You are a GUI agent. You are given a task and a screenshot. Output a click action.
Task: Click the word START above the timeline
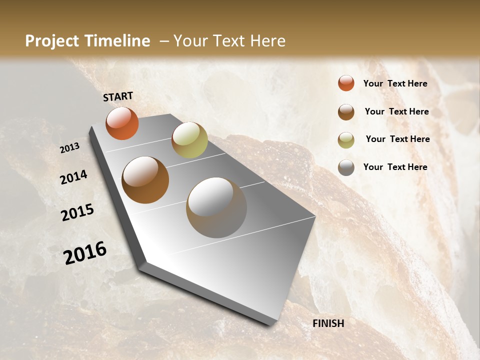click(x=118, y=96)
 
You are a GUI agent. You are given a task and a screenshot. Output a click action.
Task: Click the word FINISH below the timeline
click(x=328, y=323)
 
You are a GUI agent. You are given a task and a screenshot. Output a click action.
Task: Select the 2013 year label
click(x=70, y=148)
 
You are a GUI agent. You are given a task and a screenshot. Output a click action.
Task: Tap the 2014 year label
click(x=74, y=177)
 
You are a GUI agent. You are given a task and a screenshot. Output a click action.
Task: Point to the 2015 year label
click(x=77, y=212)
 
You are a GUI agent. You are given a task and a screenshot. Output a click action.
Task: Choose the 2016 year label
click(x=85, y=253)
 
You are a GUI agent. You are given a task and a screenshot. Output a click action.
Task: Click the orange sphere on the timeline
click(x=122, y=123)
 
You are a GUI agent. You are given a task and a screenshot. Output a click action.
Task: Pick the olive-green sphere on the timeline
click(x=189, y=139)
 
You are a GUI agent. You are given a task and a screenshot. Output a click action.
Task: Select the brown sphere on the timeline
click(x=145, y=180)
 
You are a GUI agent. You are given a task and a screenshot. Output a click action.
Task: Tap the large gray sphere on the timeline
click(x=216, y=207)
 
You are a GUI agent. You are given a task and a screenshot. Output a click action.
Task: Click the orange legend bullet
click(x=346, y=83)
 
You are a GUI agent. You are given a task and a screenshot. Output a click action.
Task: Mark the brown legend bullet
click(x=346, y=112)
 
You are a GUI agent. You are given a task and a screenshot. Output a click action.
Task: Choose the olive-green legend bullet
click(x=346, y=139)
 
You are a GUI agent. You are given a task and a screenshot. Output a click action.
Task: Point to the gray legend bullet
click(x=346, y=167)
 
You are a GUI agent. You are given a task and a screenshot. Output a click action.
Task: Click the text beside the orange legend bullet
click(x=395, y=83)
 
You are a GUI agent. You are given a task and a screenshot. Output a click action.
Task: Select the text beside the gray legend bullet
click(x=395, y=167)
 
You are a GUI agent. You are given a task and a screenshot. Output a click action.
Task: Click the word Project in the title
click(x=51, y=41)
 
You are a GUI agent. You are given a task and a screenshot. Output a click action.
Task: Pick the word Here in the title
click(x=267, y=41)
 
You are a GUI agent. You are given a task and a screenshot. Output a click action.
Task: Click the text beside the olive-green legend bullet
click(x=397, y=139)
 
